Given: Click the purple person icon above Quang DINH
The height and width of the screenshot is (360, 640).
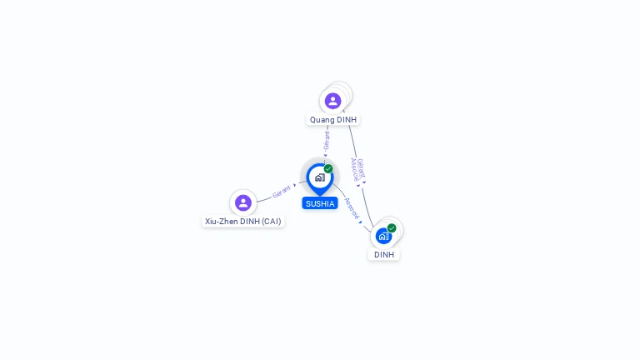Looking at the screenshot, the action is [x=332, y=101].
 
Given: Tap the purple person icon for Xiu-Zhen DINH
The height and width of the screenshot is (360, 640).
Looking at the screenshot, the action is [x=242, y=202].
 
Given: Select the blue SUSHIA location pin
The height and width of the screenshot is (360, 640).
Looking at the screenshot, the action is [x=320, y=178].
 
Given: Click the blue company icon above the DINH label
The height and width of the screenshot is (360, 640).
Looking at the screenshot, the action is [x=383, y=236].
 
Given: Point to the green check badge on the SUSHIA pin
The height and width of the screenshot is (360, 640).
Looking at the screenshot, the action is [x=328, y=168].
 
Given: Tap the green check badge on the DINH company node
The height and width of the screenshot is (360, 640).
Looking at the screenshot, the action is [x=392, y=227].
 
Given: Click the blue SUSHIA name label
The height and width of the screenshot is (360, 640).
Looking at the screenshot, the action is [x=320, y=203].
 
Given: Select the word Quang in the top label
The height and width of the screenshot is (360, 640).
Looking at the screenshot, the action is [x=322, y=120].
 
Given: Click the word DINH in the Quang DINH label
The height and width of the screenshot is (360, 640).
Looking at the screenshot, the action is [x=347, y=120].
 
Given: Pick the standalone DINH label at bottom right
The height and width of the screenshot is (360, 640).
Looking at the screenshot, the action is [x=384, y=255].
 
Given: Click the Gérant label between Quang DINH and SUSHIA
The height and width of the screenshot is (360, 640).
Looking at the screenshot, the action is [x=327, y=139].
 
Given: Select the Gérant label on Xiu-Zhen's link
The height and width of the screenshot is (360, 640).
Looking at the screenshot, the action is [x=282, y=192].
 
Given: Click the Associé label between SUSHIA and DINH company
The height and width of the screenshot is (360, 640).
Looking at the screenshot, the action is [x=352, y=208].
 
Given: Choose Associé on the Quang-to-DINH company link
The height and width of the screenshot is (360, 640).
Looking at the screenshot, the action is [x=354, y=169].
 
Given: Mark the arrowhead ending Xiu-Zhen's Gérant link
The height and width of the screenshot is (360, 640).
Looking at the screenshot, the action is [x=294, y=185].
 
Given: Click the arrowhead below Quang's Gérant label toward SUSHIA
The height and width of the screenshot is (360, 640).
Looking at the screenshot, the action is [x=325, y=155].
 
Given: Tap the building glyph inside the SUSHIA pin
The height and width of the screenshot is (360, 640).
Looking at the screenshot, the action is [x=319, y=177].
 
